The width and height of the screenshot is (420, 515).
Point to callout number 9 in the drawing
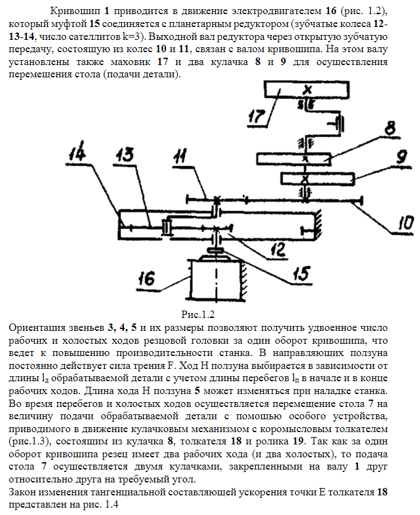pos(400,158)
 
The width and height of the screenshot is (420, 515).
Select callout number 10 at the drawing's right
pos(403,222)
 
